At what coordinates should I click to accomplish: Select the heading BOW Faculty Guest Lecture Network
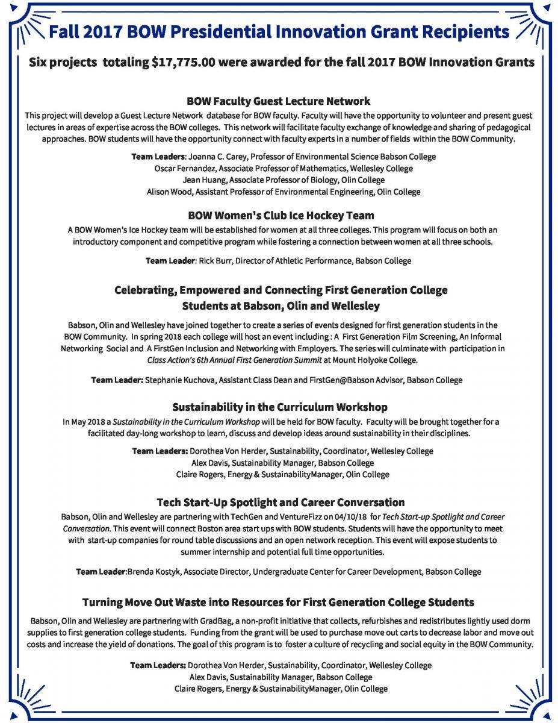[x=279, y=101]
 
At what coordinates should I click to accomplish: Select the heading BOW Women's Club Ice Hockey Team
[x=281, y=215]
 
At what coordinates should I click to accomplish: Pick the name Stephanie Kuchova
[x=179, y=380]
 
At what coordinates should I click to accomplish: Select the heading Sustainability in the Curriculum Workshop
[x=280, y=407]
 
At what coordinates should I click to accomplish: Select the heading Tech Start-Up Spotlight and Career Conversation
[x=281, y=502]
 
